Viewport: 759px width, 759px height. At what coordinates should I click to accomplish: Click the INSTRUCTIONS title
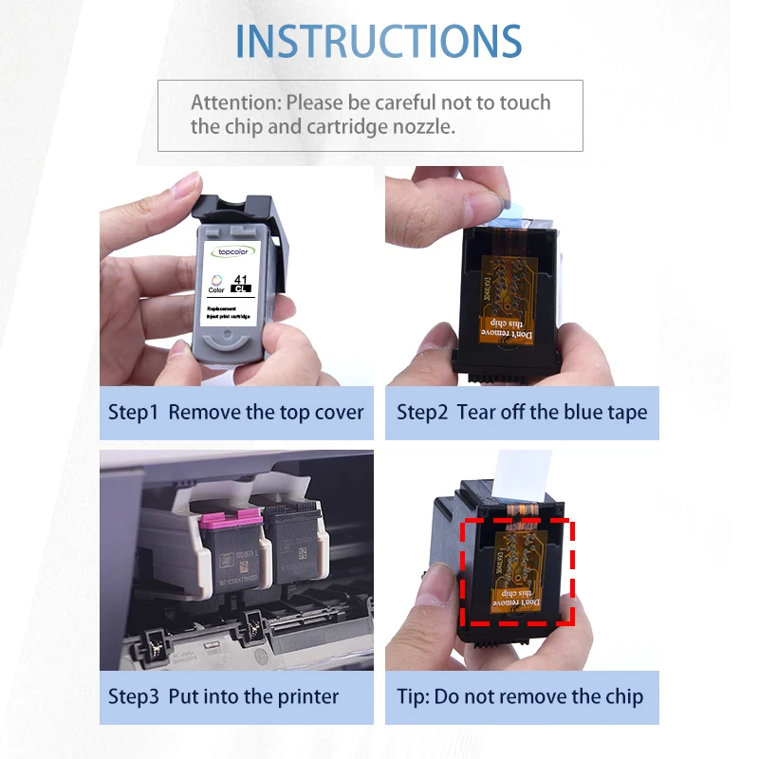point(379,41)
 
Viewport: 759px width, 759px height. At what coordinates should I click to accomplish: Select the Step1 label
point(134,412)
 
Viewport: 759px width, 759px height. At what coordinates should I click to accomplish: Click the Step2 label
point(422,412)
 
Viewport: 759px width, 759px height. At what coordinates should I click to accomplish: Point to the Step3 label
point(134,696)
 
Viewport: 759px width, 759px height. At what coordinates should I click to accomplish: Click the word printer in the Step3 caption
point(308,696)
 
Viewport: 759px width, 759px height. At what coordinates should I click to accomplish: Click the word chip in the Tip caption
point(622,696)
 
